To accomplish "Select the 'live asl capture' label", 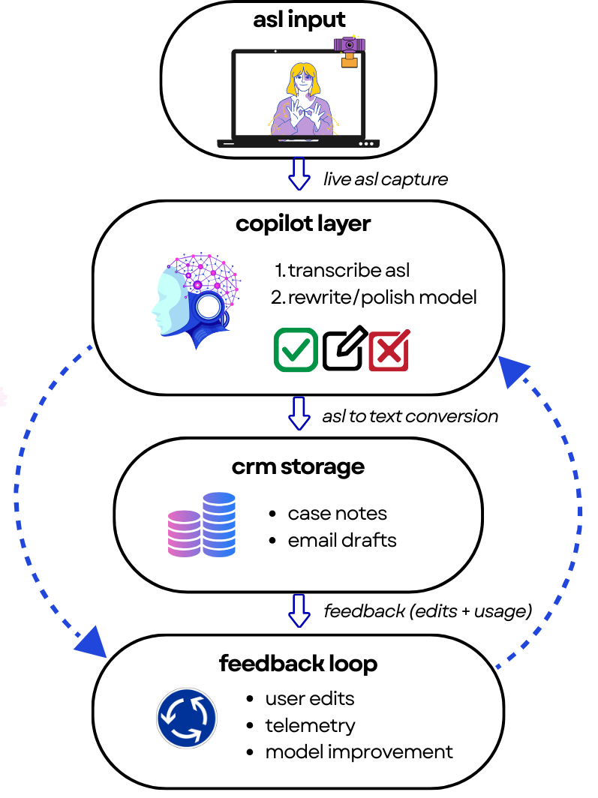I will (386, 180).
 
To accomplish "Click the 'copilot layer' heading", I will (302, 223).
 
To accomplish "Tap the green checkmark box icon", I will (296, 349).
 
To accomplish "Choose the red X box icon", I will (389, 349).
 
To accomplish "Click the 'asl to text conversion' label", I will (410, 415).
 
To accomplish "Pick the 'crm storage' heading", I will (298, 466).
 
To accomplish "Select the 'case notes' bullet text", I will (338, 514).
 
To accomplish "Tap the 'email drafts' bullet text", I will (342, 540).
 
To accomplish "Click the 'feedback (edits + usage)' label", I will (428, 611).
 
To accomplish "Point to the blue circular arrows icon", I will (187, 718).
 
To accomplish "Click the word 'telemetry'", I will (311, 725).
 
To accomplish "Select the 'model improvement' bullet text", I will (359, 751).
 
